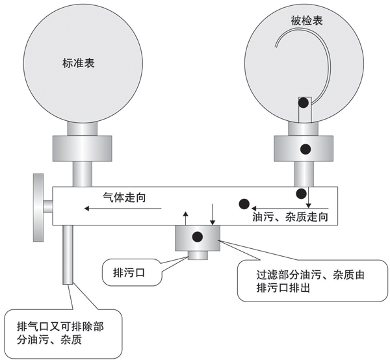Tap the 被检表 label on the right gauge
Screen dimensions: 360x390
pyautogui.click(x=307, y=21)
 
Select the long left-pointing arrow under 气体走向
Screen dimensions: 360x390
pyautogui.click(x=120, y=209)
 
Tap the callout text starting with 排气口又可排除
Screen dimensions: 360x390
pyautogui.click(x=57, y=331)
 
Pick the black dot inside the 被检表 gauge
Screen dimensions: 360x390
pyautogui.click(x=304, y=103)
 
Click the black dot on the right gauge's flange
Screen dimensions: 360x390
pyautogui.click(x=304, y=149)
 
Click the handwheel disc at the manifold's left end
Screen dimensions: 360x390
pyautogui.click(x=37, y=206)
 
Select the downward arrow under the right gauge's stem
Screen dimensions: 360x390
pyautogui.click(x=309, y=197)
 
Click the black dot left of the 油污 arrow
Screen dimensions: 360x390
pyautogui.click(x=244, y=203)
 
